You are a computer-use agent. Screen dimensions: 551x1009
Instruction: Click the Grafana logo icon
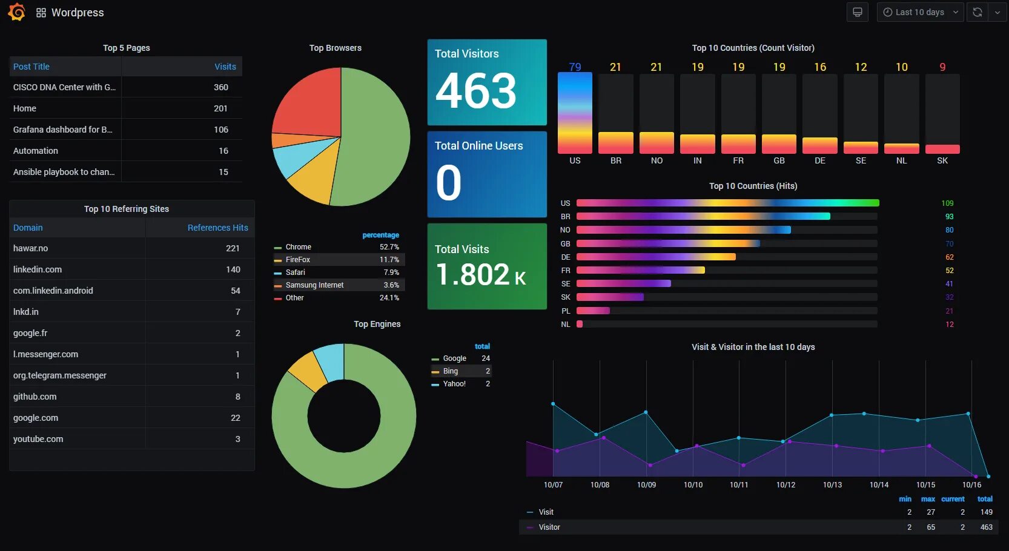coord(16,12)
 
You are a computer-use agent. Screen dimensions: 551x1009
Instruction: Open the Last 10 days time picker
coord(919,12)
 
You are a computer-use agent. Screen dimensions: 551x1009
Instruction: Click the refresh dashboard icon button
coord(977,12)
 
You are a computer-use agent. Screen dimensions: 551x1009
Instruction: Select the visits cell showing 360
coord(220,87)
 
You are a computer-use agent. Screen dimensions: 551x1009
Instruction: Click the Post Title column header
coord(31,67)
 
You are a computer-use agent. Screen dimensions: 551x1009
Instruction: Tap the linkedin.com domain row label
coord(38,269)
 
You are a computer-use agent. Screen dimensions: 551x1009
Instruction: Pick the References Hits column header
coord(217,228)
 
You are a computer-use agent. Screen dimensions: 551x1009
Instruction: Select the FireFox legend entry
coord(297,260)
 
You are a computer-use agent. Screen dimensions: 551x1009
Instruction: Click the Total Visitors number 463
coord(476,91)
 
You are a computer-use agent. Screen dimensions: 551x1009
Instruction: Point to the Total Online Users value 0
coord(448,183)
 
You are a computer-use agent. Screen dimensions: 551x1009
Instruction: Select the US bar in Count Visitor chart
coord(575,113)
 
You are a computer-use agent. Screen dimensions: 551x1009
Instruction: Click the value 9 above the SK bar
coord(942,67)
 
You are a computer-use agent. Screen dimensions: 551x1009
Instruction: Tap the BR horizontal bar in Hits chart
coord(703,216)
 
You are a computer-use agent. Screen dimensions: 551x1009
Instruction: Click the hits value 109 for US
coord(947,203)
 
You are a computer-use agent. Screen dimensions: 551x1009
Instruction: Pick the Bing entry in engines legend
coord(450,371)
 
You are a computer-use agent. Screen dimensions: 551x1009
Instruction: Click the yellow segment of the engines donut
coord(308,371)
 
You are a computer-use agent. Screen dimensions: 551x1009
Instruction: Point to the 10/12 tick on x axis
coord(786,485)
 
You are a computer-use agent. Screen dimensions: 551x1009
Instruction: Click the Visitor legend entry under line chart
coord(549,527)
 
